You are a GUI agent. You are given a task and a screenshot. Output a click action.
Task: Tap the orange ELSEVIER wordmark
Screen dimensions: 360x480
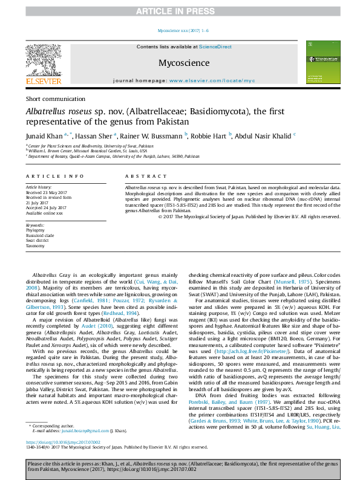click(x=43, y=81)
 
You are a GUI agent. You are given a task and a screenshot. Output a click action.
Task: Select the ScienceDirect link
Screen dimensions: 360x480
click(x=216, y=47)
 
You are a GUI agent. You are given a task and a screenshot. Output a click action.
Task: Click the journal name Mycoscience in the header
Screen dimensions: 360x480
click(x=184, y=63)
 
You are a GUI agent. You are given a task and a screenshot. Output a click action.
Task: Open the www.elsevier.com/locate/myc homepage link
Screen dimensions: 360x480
click(x=212, y=80)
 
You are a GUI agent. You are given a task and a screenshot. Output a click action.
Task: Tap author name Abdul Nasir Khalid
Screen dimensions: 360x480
click(x=263, y=137)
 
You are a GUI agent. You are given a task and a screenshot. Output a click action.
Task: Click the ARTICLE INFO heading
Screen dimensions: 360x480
click(x=54, y=176)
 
